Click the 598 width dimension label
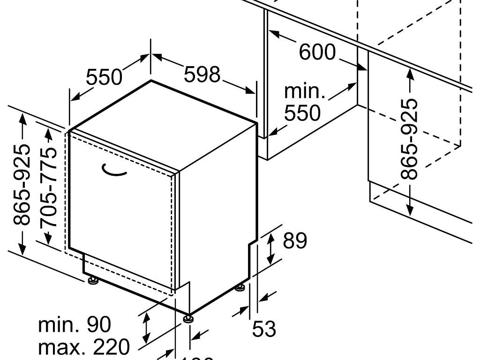(x=202, y=75)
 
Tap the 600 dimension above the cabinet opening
(x=317, y=52)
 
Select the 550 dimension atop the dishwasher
(x=104, y=77)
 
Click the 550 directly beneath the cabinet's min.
(x=303, y=113)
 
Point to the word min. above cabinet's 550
(x=305, y=91)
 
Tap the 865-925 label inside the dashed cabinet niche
(x=410, y=139)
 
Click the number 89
(x=295, y=241)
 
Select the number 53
(x=264, y=329)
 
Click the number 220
(x=111, y=347)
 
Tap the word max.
(x=62, y=347)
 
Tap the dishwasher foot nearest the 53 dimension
(x=240, y=287)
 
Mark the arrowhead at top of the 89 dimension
(x=270, y=236)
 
